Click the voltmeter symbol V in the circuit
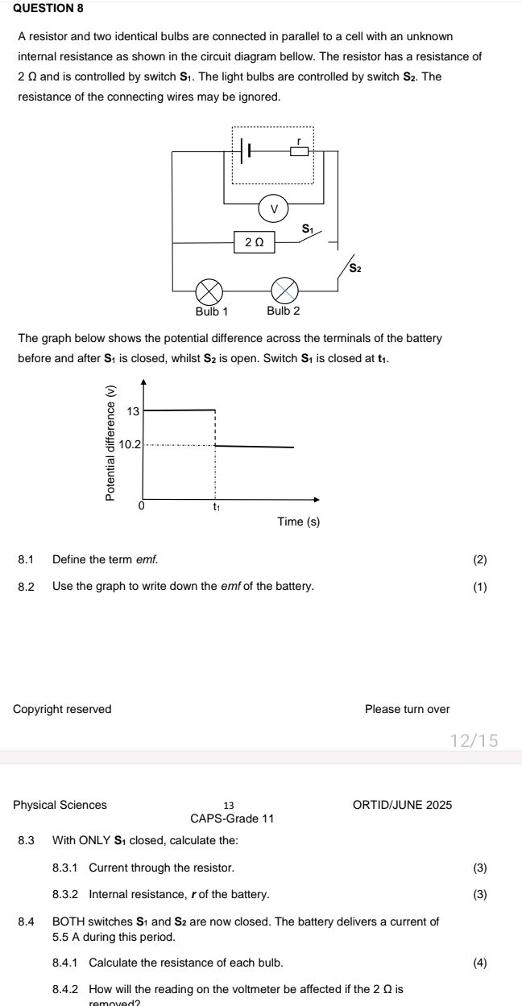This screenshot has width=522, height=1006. click(x=273, y=208)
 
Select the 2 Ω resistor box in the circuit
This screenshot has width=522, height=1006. click(x=254, y=242)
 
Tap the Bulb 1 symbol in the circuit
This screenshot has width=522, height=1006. click(x=210, y=289)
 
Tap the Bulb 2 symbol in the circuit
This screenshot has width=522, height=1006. click(x=284, y=289)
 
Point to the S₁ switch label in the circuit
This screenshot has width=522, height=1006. click(x=307, y=229)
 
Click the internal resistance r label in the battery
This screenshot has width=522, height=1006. click(x=299, y=141)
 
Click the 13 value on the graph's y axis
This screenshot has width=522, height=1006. click(x=134, y=411)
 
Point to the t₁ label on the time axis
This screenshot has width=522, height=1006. click(x=216, y=507)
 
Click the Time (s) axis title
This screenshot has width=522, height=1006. click(x=298, y=522)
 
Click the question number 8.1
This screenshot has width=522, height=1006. click(x=27, y=559)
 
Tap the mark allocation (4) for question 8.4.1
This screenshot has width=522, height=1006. click(x=480, y=963)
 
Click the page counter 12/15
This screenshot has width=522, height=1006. click(x=474, y=740)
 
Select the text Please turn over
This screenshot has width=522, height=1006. click(x=407, y=709)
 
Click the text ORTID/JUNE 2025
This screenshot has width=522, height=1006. click(x=402, y=805)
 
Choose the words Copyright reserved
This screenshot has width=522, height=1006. click(x=63, y=709)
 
